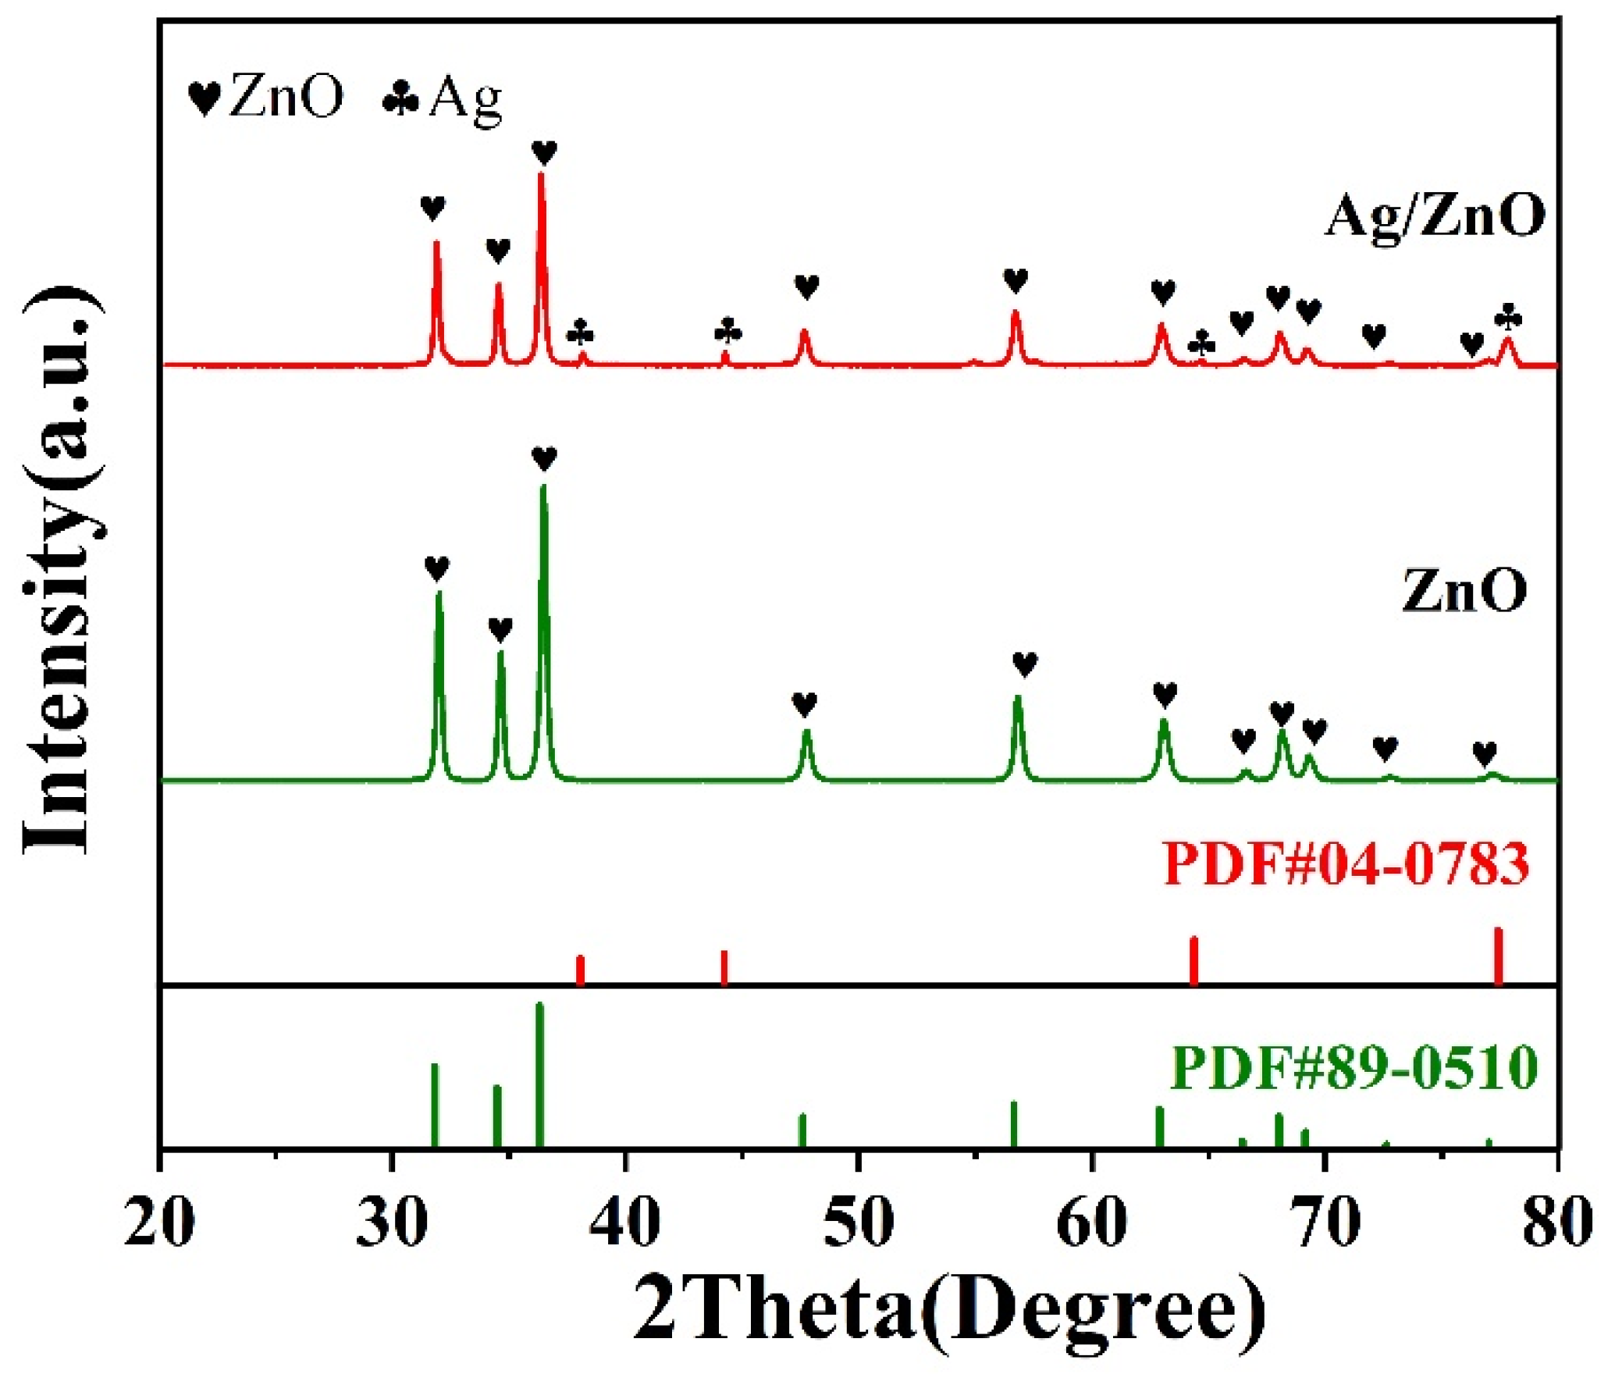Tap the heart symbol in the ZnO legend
[205, 99]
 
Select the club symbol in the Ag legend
[401, 100]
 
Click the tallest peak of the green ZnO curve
[543, 489]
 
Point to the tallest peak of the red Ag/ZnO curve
[541, 176]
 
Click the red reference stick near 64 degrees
[1193, 961]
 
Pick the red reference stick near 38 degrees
[580, 970]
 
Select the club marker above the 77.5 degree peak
[1508, 318]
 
